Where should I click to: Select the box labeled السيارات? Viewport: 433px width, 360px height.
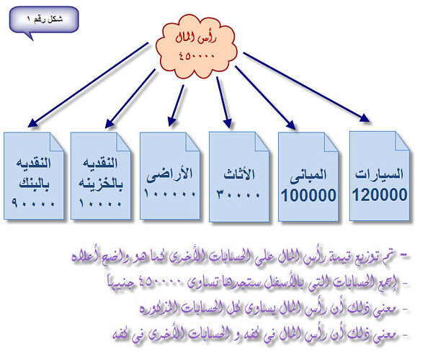380,176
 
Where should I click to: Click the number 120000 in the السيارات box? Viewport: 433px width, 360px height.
380,194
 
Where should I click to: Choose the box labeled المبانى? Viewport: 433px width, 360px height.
309,176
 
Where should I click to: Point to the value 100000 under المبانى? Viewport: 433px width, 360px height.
309,194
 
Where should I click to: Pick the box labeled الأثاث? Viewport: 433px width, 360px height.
240,176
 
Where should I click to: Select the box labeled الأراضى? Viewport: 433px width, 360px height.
171,176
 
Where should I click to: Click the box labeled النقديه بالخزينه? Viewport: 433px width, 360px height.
101,176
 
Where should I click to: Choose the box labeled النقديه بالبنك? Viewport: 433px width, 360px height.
32,176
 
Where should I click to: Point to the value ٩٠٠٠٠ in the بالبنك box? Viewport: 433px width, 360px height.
32,204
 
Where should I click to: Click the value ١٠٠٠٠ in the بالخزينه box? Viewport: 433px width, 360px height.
101,204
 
